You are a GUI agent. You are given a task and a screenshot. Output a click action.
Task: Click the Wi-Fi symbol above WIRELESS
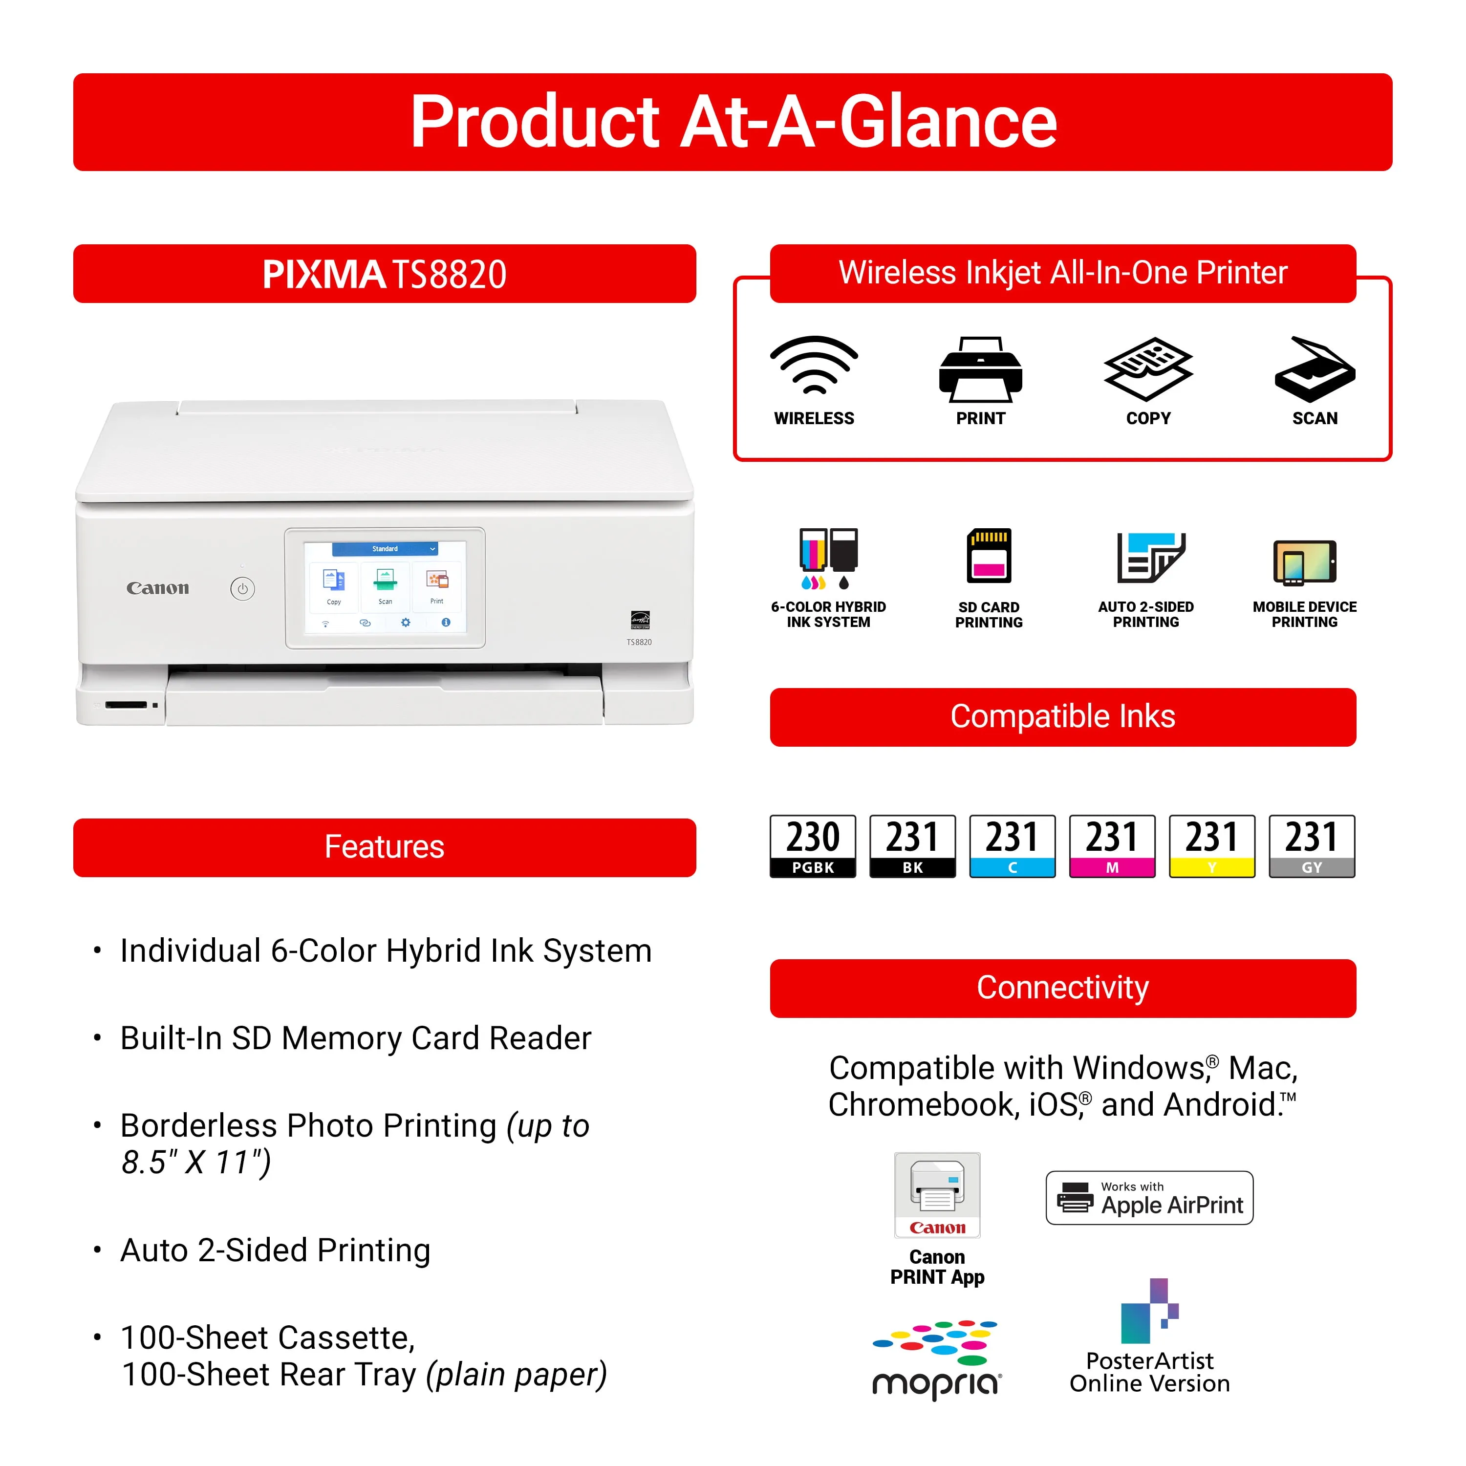[814, 366]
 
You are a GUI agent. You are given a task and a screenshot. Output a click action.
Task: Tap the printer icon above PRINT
[980, 369]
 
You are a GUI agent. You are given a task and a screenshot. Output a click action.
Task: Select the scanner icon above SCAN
[1315, 369]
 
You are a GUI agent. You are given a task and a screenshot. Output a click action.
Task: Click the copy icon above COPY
[1147, 369]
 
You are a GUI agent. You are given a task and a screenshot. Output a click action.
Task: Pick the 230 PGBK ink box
[813, 846]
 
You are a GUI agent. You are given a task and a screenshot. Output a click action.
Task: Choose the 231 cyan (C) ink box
[1012, 846]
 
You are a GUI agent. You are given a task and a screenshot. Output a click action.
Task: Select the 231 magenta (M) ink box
[1112, 846]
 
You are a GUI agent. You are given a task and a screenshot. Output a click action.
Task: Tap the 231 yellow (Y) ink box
[1212, 846]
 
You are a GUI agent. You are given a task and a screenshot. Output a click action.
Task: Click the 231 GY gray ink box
[1312, 846]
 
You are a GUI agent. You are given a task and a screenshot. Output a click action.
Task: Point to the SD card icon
[989, 556]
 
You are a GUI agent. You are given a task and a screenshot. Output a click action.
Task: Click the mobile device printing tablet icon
[1304, 563]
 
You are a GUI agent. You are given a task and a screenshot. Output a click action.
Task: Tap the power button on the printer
[243, 588]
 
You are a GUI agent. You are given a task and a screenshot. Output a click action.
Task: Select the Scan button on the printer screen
[386, 586]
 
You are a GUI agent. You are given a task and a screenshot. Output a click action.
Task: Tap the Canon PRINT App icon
[937, 1195]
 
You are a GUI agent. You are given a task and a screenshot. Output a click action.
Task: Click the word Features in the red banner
[384, 847]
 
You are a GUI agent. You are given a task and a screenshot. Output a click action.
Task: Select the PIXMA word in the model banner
[324, 274]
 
